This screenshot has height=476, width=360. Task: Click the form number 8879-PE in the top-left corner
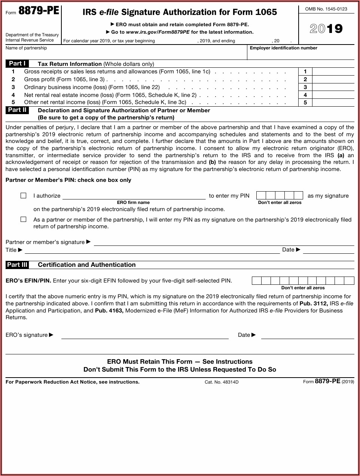pos(39,11)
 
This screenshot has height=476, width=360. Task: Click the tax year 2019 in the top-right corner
pos(326,29)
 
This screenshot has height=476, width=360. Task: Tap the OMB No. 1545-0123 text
pos(326,9)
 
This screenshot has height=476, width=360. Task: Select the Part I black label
pos(17,64)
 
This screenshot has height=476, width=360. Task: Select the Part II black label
pos(17,110)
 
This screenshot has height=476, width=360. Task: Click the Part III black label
pos(17,265)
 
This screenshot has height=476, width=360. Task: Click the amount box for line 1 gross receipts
pos(333,71)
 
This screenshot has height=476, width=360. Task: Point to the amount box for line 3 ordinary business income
pos(333,87)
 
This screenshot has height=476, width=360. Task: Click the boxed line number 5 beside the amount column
pos(305,103)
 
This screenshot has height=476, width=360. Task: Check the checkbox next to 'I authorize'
pos(24,196)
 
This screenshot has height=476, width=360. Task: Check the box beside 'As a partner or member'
pos(24,219)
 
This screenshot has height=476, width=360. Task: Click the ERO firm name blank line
pos(134,196)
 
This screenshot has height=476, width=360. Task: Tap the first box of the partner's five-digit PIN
pos(261,195)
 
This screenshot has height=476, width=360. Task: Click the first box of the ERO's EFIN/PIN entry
pos(256,281)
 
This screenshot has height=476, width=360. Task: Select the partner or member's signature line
pos(224,242)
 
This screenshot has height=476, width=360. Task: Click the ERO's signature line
pos(145,335)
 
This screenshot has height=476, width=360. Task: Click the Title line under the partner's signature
pos(152,250)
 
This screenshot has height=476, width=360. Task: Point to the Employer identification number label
pos(283,48)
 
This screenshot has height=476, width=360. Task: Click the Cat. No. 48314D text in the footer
pos(222,382)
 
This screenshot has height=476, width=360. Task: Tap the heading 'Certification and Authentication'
pos(87,265)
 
